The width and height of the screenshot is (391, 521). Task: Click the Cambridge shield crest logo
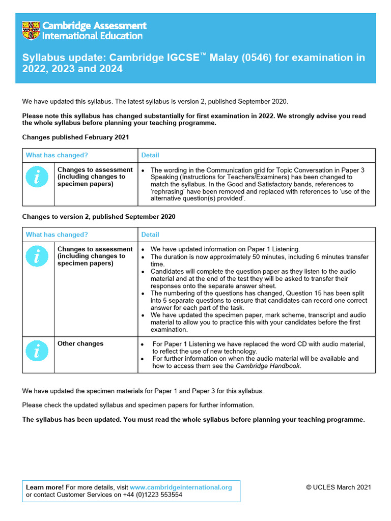pyautogui.click(x=31, y=31)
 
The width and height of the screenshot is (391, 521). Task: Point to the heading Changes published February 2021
pyautogui.click(x=75, y=137)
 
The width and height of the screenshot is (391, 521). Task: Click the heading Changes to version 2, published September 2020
pyautogui.click(x=99, y=217)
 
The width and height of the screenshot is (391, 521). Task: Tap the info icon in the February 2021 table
pyautogui.click(x=38, y=177)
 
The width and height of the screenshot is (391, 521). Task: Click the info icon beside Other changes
pyautogui.click(x=38, y=351)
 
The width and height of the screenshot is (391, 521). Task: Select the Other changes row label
pyautogui.click(x=80, y=344)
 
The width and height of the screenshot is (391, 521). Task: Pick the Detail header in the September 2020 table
pyautogui.click(x=150, y=235)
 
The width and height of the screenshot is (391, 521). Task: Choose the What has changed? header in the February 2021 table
pyautogui.click(x=57, y=155)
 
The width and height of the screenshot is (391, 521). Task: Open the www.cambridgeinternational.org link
pyautogui.click(x=181, y=487)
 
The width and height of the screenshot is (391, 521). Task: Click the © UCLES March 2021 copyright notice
pyautogui.click(x=339, y=487)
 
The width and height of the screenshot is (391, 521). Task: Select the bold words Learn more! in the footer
pyautogui.click(x=45, y=487)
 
